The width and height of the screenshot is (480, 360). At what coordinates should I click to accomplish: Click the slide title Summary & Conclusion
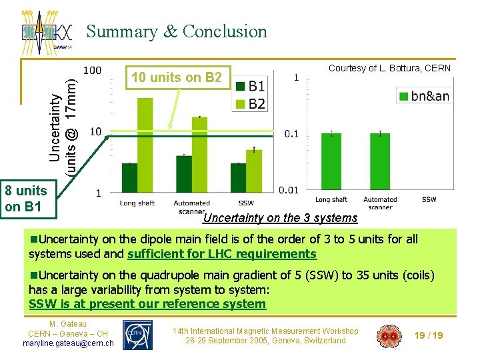point(177,31)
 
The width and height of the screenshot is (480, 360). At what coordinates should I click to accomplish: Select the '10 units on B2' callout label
point(176,77)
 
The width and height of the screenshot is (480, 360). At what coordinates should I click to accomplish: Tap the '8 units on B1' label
point(25,199)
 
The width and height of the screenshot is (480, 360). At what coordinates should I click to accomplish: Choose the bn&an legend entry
point(423,96)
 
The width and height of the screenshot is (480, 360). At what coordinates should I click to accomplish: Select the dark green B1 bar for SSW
point(239,177)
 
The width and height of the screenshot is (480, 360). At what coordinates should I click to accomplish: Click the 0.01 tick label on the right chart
point(287,191)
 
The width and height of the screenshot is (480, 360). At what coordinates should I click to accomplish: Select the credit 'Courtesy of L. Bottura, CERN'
point(389,68)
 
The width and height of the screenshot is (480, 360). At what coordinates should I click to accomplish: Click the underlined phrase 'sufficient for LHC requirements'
point(221,254)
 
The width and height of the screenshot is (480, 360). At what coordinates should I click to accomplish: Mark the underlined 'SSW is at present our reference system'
point(147,304)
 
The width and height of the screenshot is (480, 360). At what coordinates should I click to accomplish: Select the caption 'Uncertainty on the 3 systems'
point(280,218)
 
